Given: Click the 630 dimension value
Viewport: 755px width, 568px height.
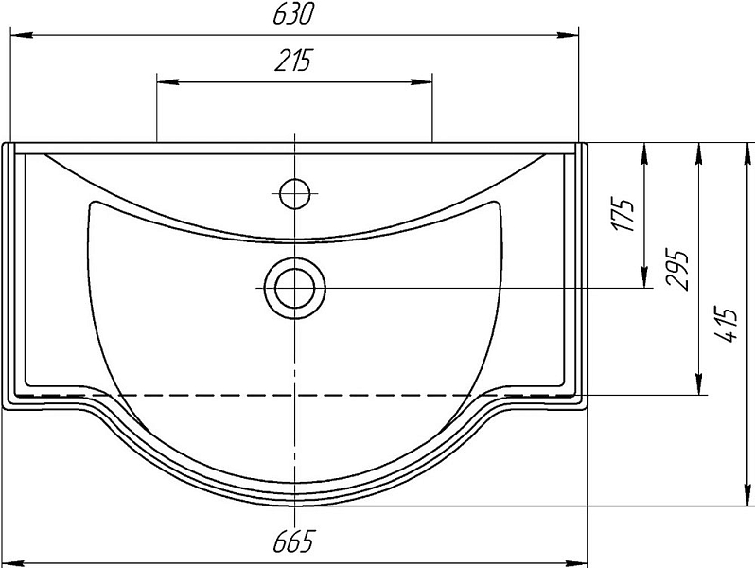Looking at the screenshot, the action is (x=293, y=14).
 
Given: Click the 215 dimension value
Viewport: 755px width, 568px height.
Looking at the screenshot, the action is (x=293, y=61).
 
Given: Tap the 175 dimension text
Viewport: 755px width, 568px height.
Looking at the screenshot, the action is (x=624, y=214).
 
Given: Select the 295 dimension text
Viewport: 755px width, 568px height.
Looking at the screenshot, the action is (x=677, y=270).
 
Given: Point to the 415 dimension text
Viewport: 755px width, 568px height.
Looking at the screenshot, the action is (x=726, y=324).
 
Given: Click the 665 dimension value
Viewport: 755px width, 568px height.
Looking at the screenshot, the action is (x=293, y=541).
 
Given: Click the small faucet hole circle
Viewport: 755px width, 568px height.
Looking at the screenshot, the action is (x=294, y=194).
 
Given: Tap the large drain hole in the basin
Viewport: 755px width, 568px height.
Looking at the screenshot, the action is (x=294, y=288).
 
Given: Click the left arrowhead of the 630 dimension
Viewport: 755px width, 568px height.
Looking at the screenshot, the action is (x=21, y=35).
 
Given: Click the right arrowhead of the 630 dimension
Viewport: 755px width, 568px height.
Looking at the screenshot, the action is (x=568, y=35).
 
